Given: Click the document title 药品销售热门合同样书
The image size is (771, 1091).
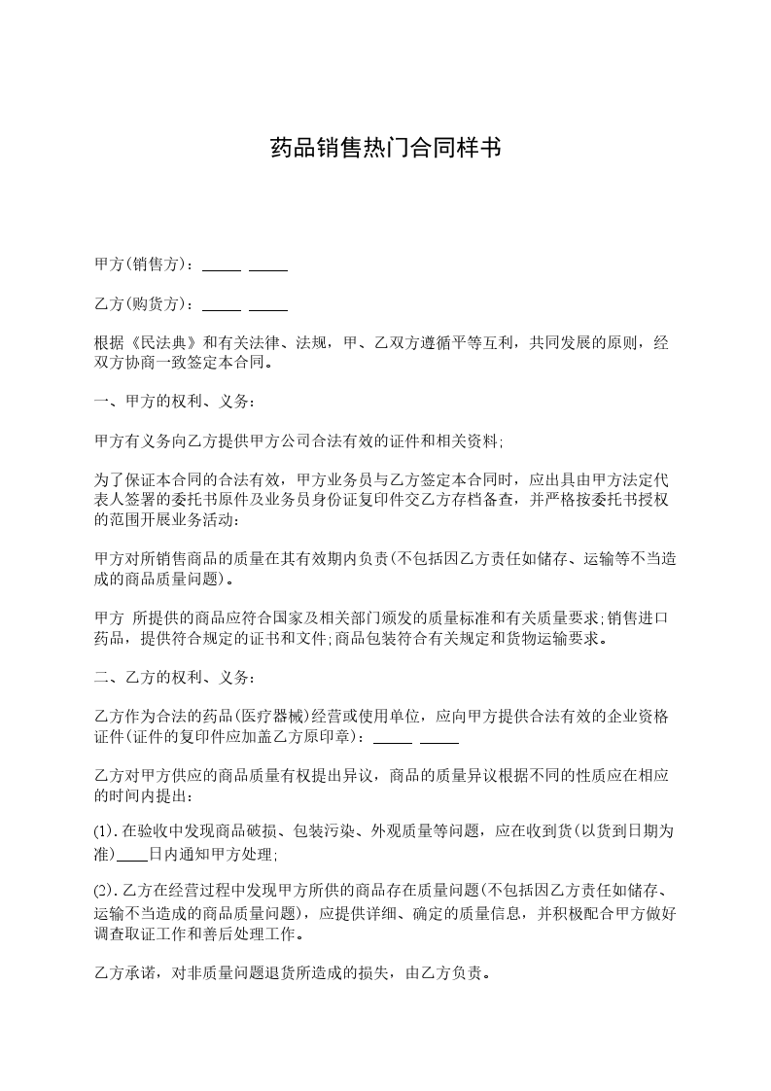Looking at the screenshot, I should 385,149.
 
